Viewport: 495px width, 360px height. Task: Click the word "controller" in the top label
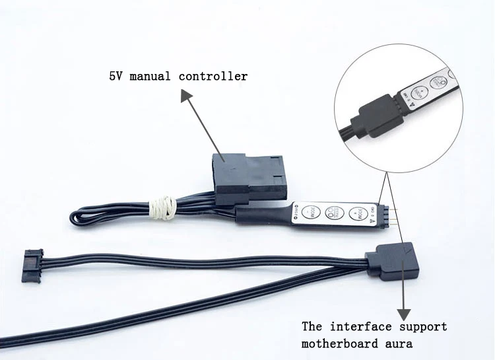tap(213, 76)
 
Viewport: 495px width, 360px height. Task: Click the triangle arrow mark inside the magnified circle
tap(414, 104)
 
